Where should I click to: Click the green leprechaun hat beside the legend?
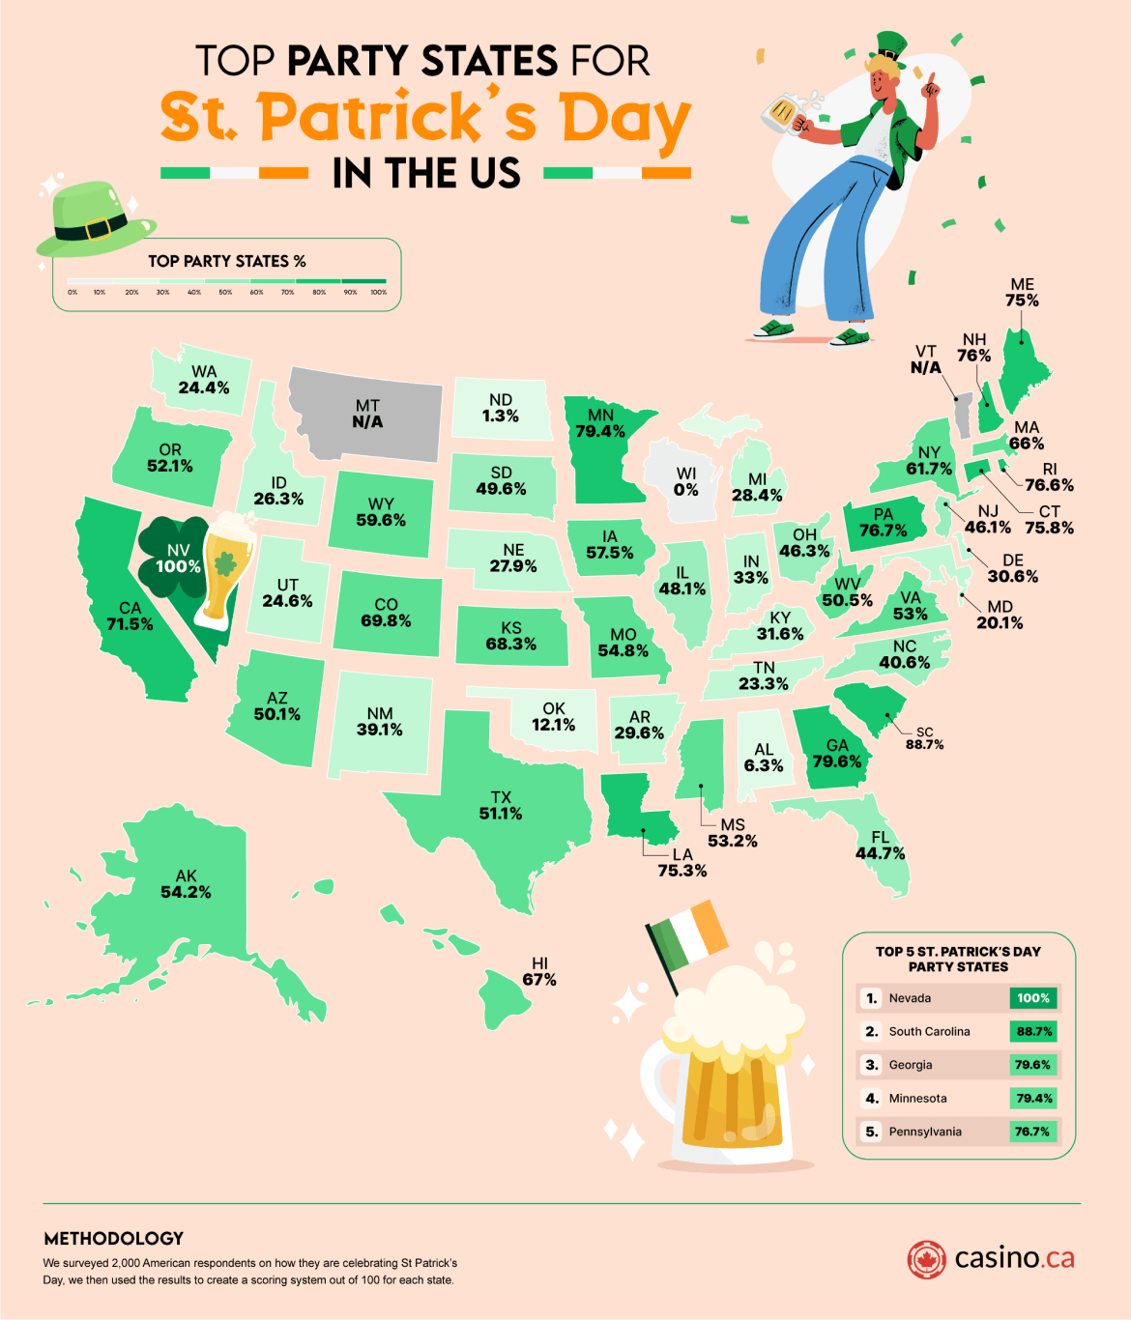tap(94, 219)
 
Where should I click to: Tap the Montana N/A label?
tap(367, 414)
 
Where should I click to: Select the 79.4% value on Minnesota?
tap(600, 431)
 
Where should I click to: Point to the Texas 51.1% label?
tap(501, 805)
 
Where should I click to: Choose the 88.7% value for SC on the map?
tap(924, 744)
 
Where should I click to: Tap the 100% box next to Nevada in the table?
tap(1032, 998)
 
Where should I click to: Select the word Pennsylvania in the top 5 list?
tap(925, 1132)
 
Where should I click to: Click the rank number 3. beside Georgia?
tap(872, 1065)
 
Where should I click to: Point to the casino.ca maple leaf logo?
tap(926, 1259)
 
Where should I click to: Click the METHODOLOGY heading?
tap(114, 1238)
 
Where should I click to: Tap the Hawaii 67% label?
tap(539, 972)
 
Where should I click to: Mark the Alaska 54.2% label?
tap(186, 884)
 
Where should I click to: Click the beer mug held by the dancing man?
tap(784, 112)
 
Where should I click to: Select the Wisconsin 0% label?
tap(686, 481)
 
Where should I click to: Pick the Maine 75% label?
tap(1022, 293)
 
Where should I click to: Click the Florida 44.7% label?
tap(880, 846)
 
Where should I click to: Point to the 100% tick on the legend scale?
tap(379, 292)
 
